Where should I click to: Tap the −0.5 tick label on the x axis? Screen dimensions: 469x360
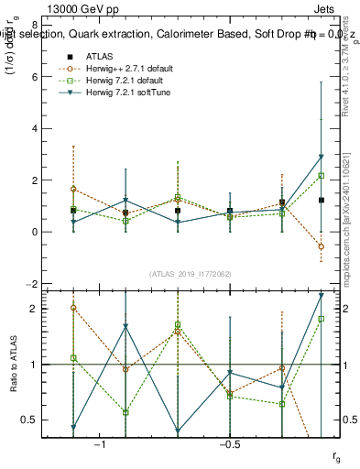pyautogui.click(x=229, y=444)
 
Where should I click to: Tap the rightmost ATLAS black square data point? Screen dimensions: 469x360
pyautogui.click(x=321, y=200)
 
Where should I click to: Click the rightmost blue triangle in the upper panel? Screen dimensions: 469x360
pyautogui.click(x=321, y=157)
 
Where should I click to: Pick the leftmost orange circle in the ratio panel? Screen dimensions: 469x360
pyautogui.click(x=73, y=308)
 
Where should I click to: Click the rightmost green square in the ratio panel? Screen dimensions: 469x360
pyautogui.click(x=321, y=319)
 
